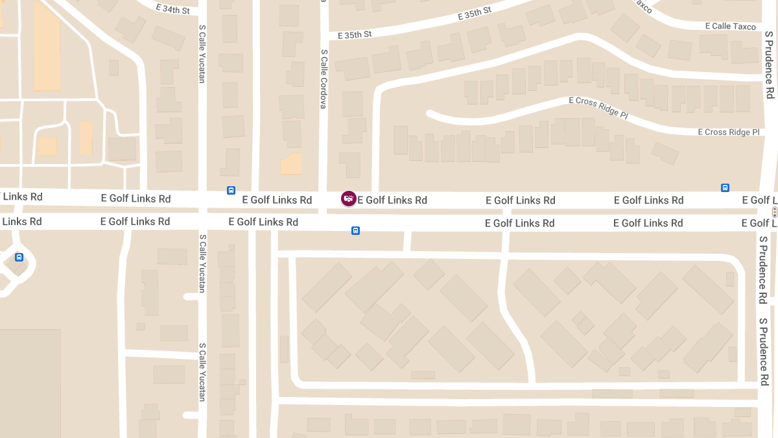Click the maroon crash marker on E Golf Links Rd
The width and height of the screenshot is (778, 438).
click(349, 199)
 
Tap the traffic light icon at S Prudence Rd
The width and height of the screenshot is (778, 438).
click(774, 212)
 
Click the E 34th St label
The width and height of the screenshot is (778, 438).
click(173, 9)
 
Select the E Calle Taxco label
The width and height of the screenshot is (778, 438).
click(730, 26)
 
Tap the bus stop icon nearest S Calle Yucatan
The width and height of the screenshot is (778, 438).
click(231, 190)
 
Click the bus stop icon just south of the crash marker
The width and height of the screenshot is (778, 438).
click(355, 230)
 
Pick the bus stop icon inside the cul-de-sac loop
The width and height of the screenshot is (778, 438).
click(19, 257)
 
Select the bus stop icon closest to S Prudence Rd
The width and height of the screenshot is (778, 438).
click(725, 188)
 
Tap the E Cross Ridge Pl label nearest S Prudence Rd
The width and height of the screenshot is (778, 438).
click(728, 132)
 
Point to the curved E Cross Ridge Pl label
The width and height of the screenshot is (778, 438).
click(598, 108)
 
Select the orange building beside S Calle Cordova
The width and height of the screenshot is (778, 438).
click(292, 164)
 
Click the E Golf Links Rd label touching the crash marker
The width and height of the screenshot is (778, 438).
click(392, 200)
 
